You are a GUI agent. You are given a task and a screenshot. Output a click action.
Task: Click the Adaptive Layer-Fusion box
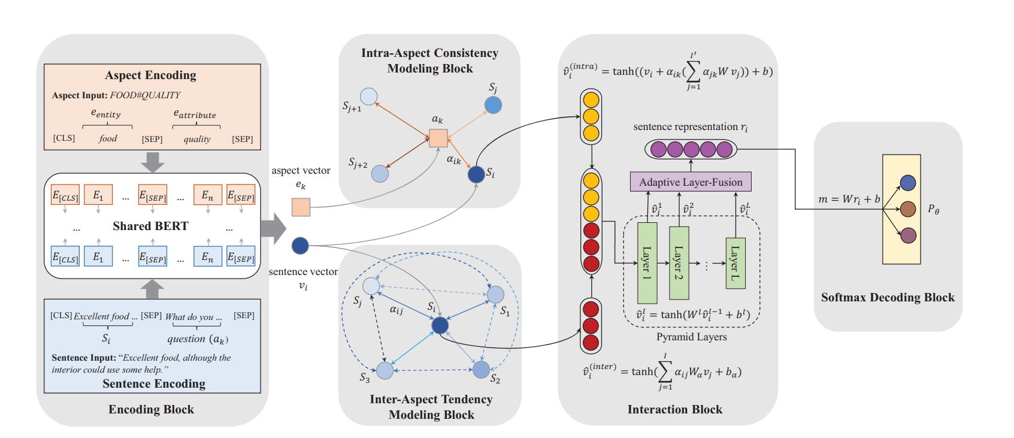click(691, 182)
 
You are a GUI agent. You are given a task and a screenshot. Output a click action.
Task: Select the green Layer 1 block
click(647, 263)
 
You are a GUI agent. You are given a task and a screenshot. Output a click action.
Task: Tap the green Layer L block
click(735, 263)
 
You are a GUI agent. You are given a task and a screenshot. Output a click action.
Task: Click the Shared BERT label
click(150, 226)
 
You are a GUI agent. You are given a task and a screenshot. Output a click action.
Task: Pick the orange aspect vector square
click(301, 207)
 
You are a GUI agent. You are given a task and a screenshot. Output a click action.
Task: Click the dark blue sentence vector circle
click(300, 246)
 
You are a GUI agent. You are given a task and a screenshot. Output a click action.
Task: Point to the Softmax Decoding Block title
click(888, 298)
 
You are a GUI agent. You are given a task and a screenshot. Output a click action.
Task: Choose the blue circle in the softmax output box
click(908, 183)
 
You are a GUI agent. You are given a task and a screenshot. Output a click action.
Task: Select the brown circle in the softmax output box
click(908, 209)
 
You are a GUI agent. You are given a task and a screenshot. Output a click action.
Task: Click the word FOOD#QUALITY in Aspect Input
click(145, 95)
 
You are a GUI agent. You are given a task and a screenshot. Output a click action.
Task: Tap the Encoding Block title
click(151, 410)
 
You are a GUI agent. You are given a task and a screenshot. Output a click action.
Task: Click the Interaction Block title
click(674, 410)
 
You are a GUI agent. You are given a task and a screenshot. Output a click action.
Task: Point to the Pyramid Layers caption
click(691, 337)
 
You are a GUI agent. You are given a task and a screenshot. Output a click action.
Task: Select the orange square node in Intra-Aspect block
click(438, 138)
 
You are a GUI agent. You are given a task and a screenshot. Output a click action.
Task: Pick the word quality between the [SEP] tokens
click(197, 139)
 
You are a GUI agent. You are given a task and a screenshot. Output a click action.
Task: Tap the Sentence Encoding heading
click(154, 384)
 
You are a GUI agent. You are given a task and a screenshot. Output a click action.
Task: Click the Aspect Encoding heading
click(150, 75)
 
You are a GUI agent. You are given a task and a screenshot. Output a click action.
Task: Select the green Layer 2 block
click(679, 263)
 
